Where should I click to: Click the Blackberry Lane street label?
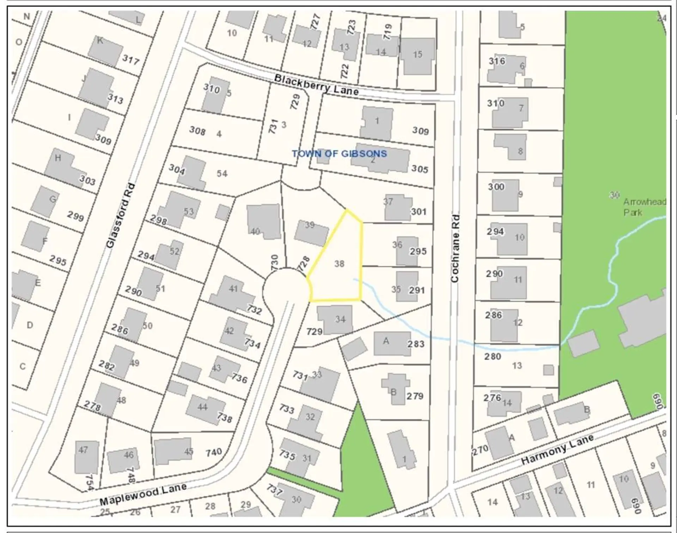coord(316,84)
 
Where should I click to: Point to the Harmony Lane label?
coord(557,449)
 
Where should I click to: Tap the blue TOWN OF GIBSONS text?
coord(339,154)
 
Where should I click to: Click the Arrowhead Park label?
coord(644,207)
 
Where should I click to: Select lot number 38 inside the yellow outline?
coord(339,264)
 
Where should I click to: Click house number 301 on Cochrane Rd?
coord(419,212)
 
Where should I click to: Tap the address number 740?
coord(214,452)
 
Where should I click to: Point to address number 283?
coord(416,344)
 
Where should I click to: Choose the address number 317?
coord(131,60)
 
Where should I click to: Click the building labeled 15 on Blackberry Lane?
coord(417,56)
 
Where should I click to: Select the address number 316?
coord(497,61)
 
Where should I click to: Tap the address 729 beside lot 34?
coord(314,332)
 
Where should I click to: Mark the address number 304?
coord(177,170)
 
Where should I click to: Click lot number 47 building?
coord(86,457)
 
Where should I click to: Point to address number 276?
coord(492,398)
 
